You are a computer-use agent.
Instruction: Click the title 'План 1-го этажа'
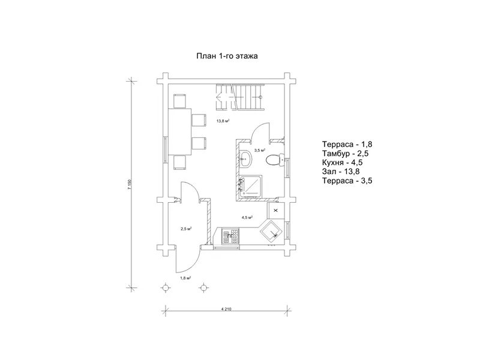tap(227, 56)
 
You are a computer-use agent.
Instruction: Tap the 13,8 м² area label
tap(223, 121)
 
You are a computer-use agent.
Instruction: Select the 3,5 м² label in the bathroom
tap(259, 151)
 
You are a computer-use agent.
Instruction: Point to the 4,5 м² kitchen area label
tap(247, 218)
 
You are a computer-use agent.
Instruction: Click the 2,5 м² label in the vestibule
tap(186, 229)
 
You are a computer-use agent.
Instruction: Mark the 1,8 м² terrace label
tap(185, 278)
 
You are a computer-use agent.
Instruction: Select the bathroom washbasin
tap(245, 159)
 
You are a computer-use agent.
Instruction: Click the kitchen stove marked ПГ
tap(230, 235)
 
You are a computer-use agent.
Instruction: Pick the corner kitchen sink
tap(271, 232)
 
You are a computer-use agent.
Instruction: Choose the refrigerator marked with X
tap(275, 211)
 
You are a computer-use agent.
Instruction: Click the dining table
tap(179, 132)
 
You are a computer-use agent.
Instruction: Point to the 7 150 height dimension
tap(130, 185)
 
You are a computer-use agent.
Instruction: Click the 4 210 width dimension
tap(226, 309)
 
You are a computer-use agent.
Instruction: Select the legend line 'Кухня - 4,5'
tap(342, 163)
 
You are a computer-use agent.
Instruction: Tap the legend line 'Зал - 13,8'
tap(341, 172)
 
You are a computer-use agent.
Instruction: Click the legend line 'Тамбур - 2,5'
tap(346, 154)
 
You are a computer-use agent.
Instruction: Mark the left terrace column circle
tap(166, 288)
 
